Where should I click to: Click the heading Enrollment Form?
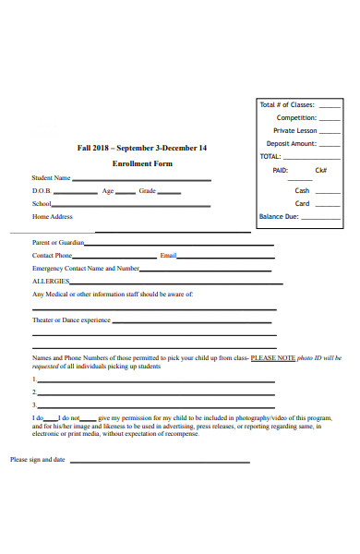[142, 163]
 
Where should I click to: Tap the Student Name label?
[52, 178]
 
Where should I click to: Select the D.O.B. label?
[42, 191]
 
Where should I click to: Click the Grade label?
[148, 191]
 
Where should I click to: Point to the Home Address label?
[53, 217]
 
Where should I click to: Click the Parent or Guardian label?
[58, 243]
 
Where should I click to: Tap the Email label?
[168, 256]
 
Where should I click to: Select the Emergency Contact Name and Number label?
[86, 269]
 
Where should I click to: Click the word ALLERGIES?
[51, 282]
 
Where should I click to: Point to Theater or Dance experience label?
[71, 320]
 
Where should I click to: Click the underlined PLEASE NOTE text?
[273, 357]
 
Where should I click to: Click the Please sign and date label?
[38, 459]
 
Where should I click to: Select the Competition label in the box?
[296, 118]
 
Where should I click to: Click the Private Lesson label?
[295, 131]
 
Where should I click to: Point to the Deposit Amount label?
[292, 144]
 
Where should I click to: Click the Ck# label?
[321, 171]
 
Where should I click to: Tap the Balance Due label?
[279, 217]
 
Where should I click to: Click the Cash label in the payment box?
[302, 190]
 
